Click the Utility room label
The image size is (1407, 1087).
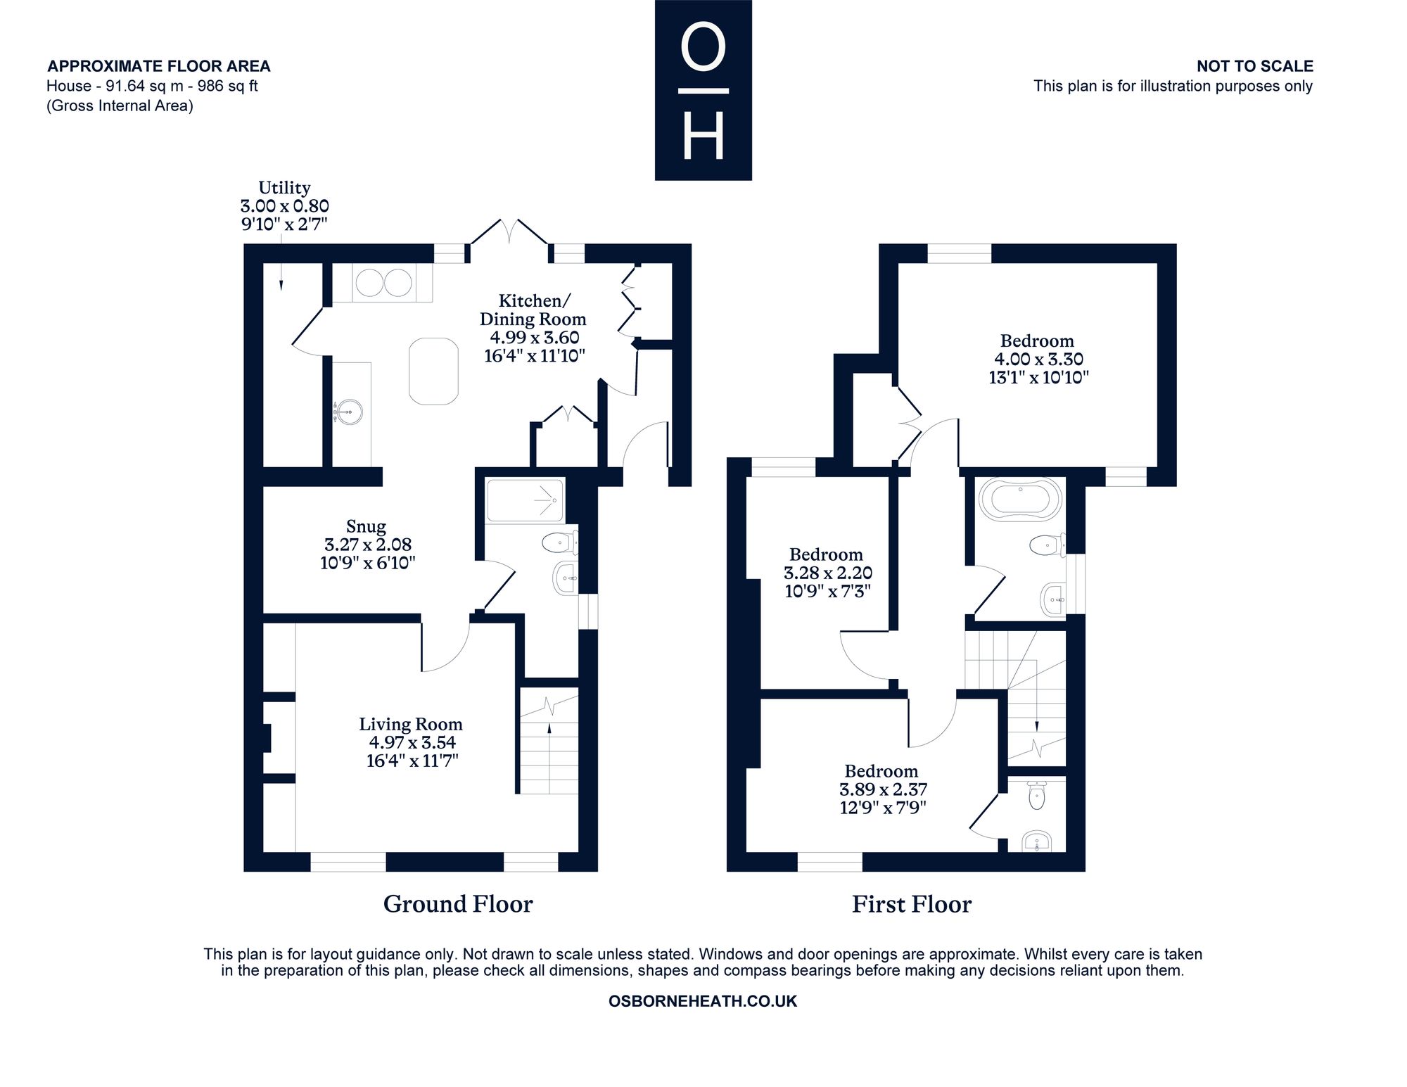284,188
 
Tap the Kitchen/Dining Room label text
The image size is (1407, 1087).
533,310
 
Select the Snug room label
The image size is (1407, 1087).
366,526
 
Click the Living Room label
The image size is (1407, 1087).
411,724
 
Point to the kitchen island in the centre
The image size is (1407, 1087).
433,371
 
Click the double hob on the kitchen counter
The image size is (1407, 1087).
383,283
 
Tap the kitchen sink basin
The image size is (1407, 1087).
348,412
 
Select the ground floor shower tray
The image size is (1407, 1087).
525,500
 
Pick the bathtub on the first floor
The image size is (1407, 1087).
1020,499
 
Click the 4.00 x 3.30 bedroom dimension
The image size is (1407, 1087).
1038,360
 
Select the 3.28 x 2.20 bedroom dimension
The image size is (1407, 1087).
828,573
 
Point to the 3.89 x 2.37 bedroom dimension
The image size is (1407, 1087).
883,789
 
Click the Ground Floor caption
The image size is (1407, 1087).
458,904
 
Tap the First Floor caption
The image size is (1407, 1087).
912,904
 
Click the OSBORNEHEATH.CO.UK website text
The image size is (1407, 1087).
703,1001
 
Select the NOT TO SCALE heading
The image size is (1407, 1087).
1255,66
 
